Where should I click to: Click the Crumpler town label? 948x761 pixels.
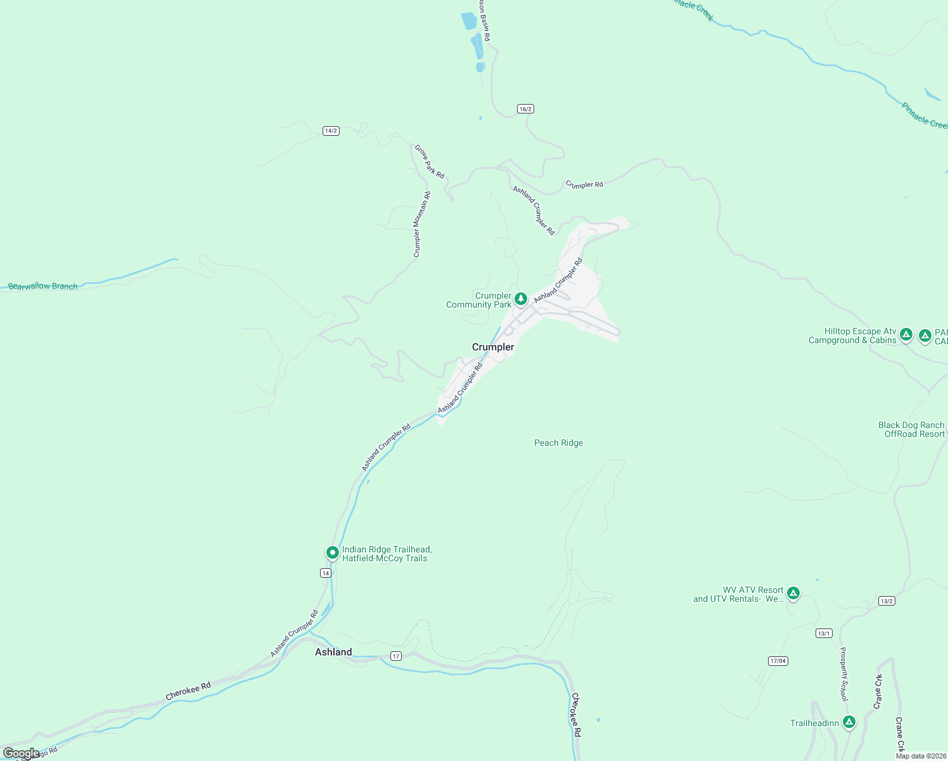coord(493,347)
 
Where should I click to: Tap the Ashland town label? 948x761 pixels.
coord(333,652)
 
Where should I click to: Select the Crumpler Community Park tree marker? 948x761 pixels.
coord(521,298)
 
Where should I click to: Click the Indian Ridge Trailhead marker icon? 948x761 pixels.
coord(332,552)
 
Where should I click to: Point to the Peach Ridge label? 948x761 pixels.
coord(558,443)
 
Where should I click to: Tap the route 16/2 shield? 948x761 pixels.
coord(525,108)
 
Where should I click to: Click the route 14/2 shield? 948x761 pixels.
coord(331,131)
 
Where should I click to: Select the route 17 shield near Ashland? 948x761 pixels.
coord(396,656)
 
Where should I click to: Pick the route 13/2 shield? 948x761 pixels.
coord(887,601)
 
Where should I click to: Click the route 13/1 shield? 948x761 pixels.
coord(824,633)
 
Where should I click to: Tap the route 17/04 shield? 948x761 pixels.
coord(778,661)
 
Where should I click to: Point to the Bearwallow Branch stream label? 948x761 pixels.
coord(43,287)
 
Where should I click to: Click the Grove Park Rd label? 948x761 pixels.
coord(430,161)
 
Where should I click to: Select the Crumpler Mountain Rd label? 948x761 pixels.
coord(421,224)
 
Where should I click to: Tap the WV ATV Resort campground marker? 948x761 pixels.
coord(793,593)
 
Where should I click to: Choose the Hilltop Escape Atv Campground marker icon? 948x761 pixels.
coord(906,334)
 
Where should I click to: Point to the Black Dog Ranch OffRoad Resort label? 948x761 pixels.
coord(912,429)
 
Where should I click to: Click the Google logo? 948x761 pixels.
coord(21,753)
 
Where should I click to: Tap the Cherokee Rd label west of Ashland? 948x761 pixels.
coord(188,691)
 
